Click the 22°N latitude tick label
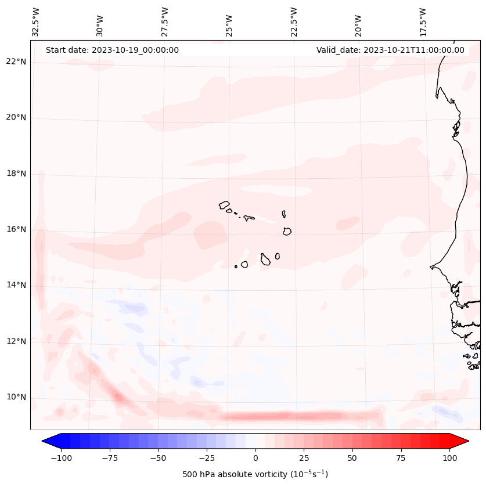tap(16, 62)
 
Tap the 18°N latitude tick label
tap(16, 174)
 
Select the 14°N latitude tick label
tap(16, 285)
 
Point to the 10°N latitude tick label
tap(16, 398)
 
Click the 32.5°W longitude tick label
tap(36, 21)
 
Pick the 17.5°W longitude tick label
tap(423, 21)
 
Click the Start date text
tap(112, 50)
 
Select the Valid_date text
tap(390, 50)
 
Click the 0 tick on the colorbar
tap(255, 458)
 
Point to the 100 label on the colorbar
tap(450, 458)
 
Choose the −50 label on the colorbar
tap(158, 458)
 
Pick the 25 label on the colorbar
tap(304, 458)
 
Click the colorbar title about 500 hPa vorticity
tap(255, 474)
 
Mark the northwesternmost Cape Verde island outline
tap(224, 205)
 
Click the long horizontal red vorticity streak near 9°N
tap(299, 416)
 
